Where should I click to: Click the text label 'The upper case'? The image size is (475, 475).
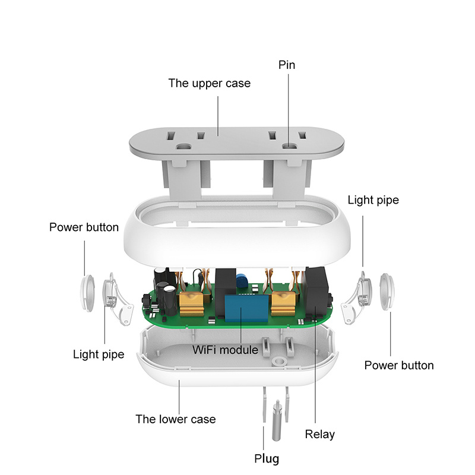[209, 83]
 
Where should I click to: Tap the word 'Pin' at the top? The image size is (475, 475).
[287, 65]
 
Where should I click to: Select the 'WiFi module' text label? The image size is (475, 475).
[225, 350]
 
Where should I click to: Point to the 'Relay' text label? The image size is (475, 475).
[319, 434]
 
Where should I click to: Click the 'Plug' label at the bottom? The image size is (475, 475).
[267, 458]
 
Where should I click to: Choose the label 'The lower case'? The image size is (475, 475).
[175, 419]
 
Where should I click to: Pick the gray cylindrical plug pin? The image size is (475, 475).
[275, 421]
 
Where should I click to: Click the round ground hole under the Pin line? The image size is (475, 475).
[291, 145]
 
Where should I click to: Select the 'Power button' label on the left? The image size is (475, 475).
[84, 227]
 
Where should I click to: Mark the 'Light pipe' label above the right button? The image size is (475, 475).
[373, 200]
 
